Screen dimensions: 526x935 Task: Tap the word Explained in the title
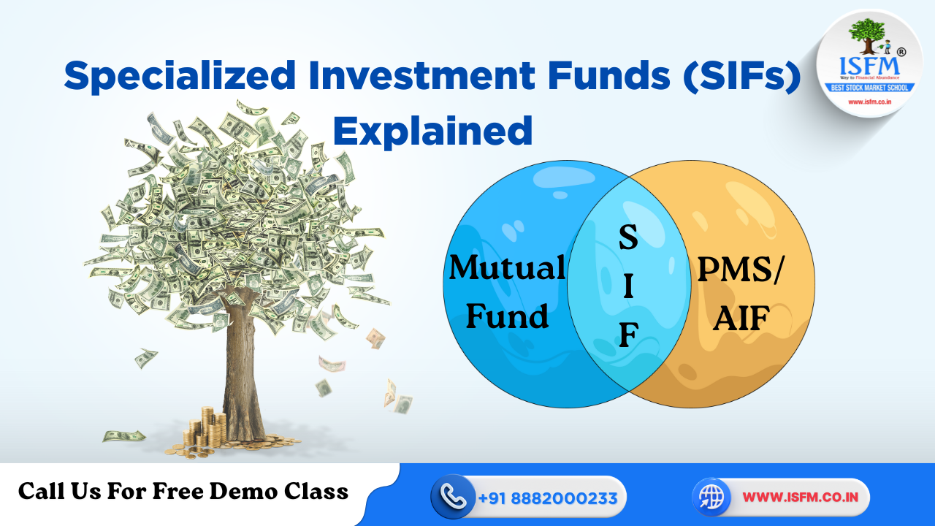pyautogui.click(x=432, y=131)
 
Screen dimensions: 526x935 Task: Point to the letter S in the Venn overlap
pyautogui.click(x=628, y=238)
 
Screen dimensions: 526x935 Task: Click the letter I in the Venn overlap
pyautogui.click(x=628, y=286)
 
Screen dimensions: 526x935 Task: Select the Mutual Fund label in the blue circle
pyautogui.click(x=507, y=291)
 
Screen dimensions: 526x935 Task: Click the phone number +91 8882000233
pyautogui.click(x=548, y=498)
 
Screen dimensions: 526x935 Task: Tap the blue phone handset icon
pyautogui.click(x=454, y=498)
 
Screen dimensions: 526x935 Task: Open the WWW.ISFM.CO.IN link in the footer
pyautogui.click(x=795, y=498)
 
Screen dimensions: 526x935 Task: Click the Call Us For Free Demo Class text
pyautogui.click(x=183, y=492)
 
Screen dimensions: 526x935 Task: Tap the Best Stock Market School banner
pyautogui.click(x=869, y=88)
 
